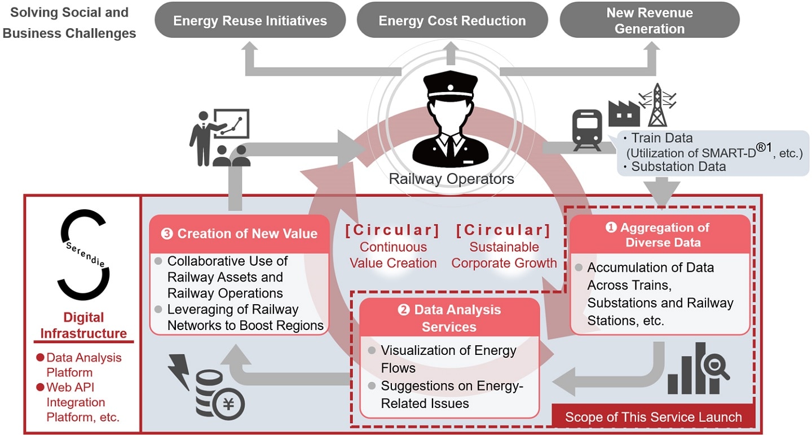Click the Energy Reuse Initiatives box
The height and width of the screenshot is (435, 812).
click(250, 20)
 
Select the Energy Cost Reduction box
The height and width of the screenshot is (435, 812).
click(452, 20)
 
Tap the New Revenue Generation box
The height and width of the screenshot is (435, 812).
click(650, 20)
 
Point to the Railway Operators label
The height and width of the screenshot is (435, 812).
click(451, 179)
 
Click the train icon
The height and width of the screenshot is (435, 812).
click(588, 130)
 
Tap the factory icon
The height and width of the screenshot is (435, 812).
click(624, 113)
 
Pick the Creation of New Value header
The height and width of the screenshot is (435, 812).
click(239, 234)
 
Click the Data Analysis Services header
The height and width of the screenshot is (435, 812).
click(449, 318)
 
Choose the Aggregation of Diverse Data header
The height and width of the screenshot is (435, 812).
click(660, 235)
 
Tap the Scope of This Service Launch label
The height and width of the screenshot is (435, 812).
click(654, 417)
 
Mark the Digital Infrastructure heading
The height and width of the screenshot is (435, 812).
click(83, 325)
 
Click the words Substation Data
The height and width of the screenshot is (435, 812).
click(678, 166)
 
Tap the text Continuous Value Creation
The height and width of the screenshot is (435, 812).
click(393, 255)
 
